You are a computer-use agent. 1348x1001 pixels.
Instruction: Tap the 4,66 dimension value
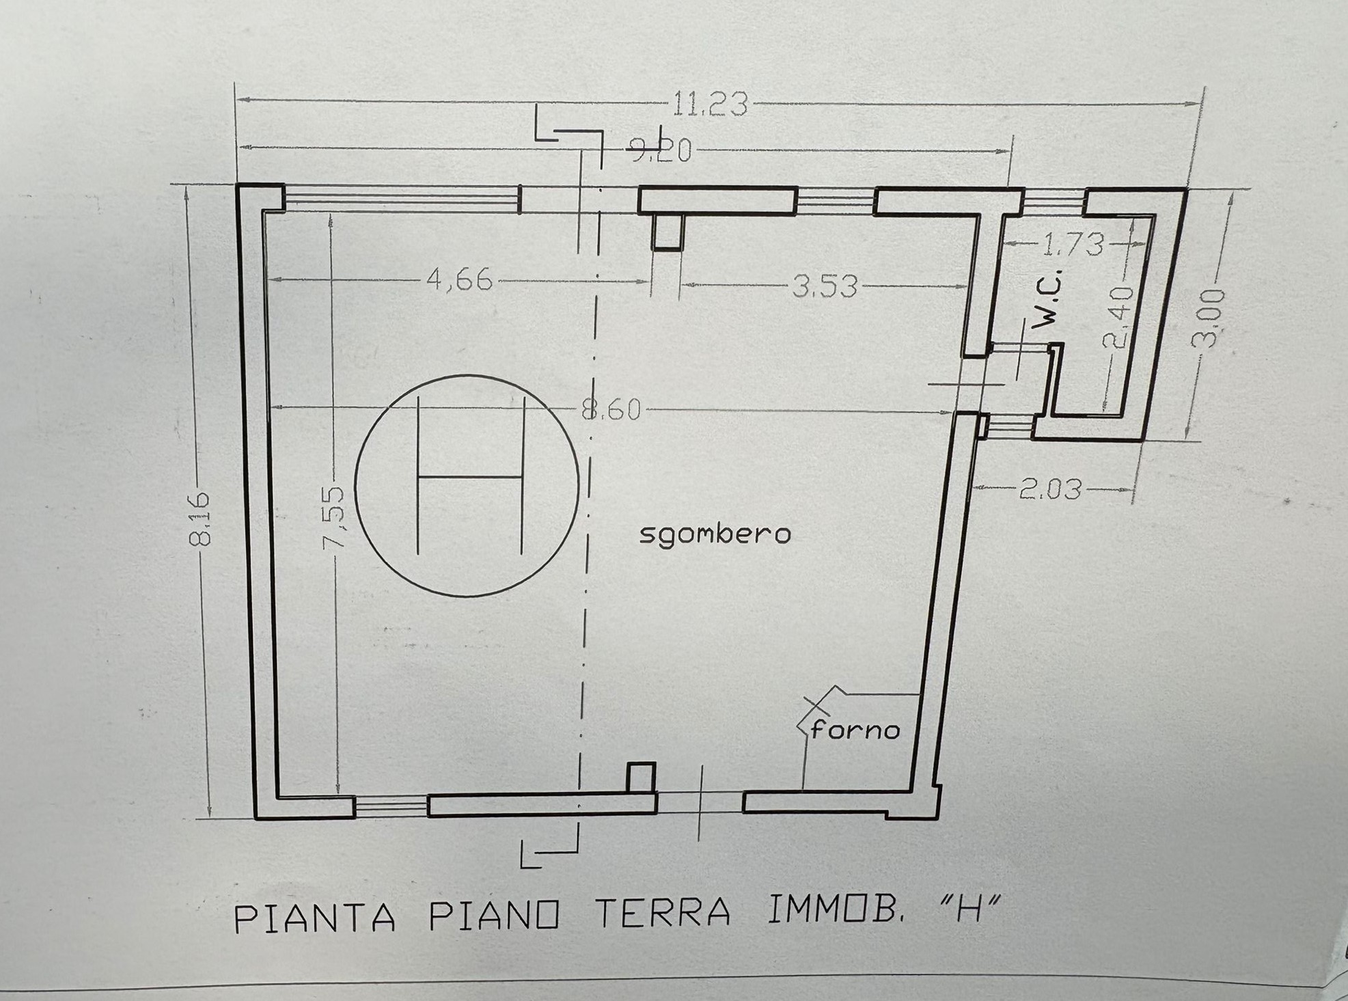click(x=459, y=280)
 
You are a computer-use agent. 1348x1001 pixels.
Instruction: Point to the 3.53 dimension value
click(x=825, y=286)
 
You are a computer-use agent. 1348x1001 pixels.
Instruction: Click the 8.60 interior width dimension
click(x=611, y=410)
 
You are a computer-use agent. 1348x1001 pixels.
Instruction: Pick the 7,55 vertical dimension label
click(x=336, y=518)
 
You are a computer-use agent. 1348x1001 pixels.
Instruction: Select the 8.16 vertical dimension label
click(x=200, y=519)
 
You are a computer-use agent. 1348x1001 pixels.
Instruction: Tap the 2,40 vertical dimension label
click(x=1118, y=318)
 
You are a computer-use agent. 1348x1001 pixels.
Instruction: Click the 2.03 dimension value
click(x=1050, y=489)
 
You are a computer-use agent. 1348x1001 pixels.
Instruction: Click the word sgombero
click(x=715, y=534)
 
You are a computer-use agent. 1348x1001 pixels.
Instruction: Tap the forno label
click(x=855, y=730)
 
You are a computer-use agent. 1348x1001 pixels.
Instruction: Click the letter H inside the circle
click(x=469, y=476)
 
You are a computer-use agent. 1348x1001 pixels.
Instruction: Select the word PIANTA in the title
click(x=315, y=918)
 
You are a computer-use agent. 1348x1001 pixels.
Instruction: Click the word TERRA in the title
click(x=664, y=914)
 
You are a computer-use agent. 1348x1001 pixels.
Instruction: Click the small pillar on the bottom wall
click(x=641, y=778)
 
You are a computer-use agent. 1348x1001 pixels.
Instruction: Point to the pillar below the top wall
click(x=668, y=232)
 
